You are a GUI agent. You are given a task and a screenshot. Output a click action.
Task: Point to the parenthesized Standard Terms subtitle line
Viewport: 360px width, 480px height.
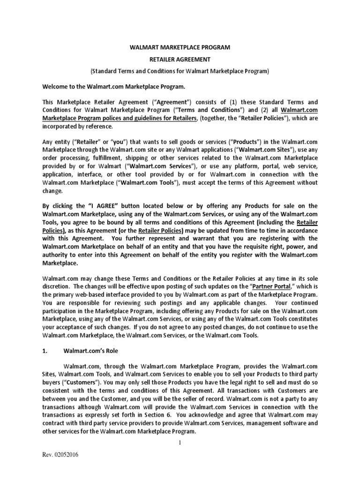click(180, 71)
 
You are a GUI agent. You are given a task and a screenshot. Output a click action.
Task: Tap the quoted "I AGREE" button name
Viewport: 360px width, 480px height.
click(103, 206)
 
